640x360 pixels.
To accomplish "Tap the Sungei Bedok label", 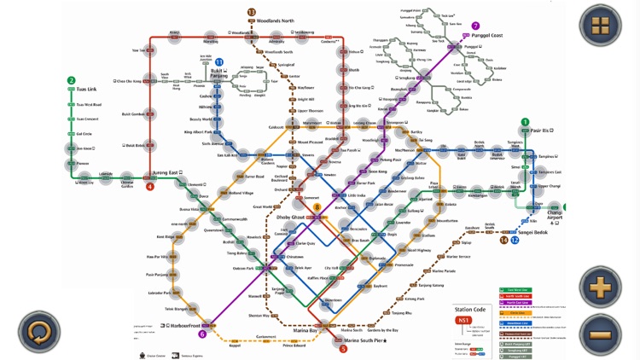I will coord(537,230).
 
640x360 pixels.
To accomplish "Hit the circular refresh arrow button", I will coord(38,333).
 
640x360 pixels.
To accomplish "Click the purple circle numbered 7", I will coord(475,26).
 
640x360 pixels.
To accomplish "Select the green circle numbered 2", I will coord(71,81).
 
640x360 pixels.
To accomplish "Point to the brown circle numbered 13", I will coord(252,12).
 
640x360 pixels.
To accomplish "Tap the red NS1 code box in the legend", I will coord(464,322).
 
